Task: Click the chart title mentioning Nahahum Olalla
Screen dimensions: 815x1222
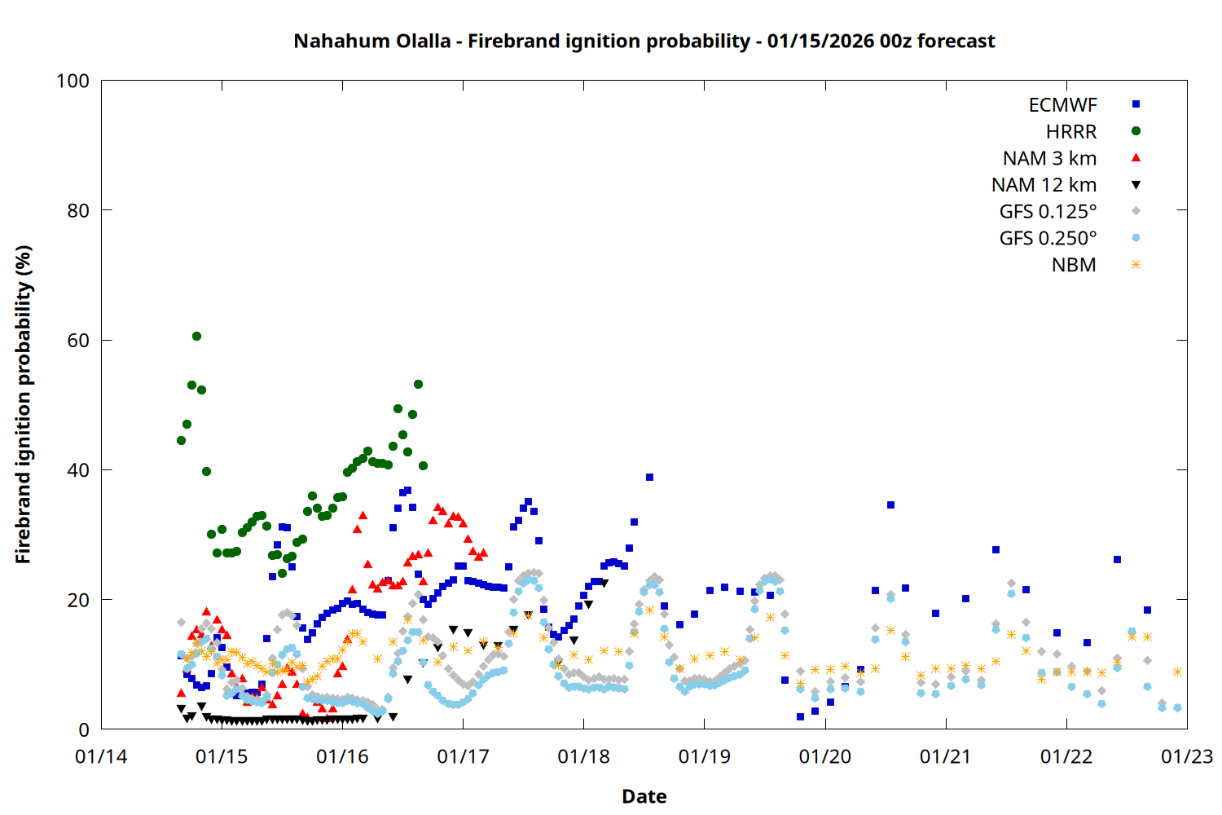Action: coord(644,41)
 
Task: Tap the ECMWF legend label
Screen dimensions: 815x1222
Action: coord(1062,105)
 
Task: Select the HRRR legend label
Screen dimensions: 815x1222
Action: coord(1071,132)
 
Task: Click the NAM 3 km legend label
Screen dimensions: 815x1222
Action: coord(1049,158)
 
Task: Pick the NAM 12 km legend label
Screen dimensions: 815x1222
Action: coord(1044,185)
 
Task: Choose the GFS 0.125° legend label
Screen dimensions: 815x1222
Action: coord(1048,212)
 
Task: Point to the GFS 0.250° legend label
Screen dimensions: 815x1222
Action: coord(1048,238)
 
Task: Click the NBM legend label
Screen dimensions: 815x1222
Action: coord(1074,265)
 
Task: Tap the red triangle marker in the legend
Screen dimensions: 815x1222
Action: coord(1136,157)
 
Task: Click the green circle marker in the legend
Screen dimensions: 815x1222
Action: coord(1136,130)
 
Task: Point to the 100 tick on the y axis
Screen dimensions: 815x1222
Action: coord(73,81)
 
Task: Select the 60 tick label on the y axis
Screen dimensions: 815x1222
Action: coord(78,340)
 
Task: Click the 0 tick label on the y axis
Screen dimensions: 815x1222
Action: coord(84,729)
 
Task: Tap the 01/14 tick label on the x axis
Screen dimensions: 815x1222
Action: coord(101,756)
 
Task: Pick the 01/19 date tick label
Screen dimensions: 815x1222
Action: coord(704,756)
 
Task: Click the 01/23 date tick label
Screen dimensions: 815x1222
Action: coord(1186,756)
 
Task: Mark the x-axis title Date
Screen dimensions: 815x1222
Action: coord(644,796)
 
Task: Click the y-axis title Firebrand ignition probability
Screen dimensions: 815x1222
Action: coord(24,404)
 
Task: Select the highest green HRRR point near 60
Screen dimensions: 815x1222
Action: coord(196,336)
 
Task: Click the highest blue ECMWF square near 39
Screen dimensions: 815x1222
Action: coord(649,478)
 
